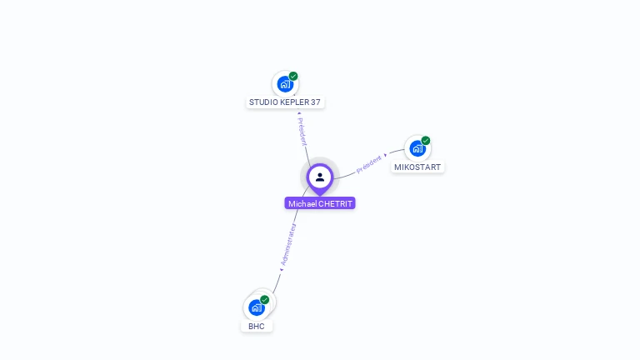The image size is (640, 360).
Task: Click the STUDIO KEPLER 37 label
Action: (284, 102)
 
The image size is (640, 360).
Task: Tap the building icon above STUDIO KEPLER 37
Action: (285, 84)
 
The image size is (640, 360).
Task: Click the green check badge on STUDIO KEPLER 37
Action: (293, 76)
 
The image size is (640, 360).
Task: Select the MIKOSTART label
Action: (417, 167)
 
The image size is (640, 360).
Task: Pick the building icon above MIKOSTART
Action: (417, 149)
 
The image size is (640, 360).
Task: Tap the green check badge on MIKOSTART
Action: (426, 141)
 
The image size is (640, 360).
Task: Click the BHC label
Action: (257, 326)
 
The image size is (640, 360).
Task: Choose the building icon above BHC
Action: (257, 307)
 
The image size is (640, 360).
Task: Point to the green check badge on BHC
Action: (265, 299)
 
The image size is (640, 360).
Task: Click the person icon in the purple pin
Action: (320, 177)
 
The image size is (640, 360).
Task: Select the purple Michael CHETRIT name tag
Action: (320, 203)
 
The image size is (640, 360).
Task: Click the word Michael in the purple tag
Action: (302, 203)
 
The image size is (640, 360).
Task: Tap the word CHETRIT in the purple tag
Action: (336, 203)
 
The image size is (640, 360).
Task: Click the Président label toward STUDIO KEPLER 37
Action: (302, 130)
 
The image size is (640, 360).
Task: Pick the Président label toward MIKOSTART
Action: (370, 163)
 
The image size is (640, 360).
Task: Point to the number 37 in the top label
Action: (315, 102)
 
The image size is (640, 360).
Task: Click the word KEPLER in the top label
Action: (293, 102)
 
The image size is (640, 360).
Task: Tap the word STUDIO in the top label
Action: (262, 102)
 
